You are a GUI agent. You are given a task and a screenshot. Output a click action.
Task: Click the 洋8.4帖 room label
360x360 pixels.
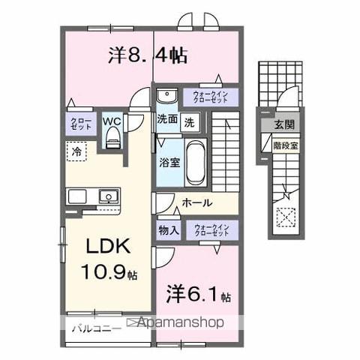[x=148, y=55]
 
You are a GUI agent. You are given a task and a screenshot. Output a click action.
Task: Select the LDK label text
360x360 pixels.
[x=101, y=248]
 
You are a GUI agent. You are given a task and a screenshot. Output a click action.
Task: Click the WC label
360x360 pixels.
[x=112, y=120]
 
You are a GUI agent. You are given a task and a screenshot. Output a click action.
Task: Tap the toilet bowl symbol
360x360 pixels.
[x=113, y=136]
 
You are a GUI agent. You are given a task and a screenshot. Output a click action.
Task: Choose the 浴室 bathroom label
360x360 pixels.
[x=168, y=162]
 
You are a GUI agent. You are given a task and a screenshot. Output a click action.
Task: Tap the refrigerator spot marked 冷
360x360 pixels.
[x=76, y=151]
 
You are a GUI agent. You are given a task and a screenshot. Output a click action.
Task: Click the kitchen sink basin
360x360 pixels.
[x=107, y=196]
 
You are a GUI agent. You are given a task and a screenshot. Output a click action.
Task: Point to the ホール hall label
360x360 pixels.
[x=197, y=202]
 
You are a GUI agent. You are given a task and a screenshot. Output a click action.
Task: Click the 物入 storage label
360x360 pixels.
[x=168, y=231]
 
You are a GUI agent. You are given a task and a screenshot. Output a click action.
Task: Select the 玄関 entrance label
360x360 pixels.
[x=283, y=124]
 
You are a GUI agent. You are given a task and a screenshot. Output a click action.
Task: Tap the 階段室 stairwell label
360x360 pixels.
[x=286, y=146]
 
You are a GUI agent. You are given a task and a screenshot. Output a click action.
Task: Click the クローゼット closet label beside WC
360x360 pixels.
[x=81, y=124]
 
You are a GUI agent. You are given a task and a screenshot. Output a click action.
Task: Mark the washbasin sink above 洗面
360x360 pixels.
[x=165, y=96]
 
